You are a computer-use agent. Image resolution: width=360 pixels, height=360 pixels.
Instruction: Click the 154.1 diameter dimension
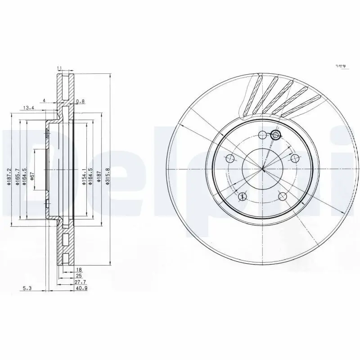pyautogui.click(x=84, y=177)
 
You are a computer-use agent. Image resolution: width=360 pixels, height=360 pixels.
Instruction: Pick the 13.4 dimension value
pyautogui.click(x=28, y=108)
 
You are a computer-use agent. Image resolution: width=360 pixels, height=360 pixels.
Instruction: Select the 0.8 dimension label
pyautogui.click(x=80, y=102)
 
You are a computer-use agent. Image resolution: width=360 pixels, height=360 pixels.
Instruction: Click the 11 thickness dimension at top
pyautogui.click(x=59, y=68)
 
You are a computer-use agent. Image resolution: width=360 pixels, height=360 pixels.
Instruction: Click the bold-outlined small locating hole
pyautogui.click(x=275, y=135)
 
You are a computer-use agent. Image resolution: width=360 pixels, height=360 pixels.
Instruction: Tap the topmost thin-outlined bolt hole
pyautogui.click(x=263, y=134)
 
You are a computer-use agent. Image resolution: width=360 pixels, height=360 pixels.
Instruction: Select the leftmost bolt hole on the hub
pyautogui.click(x=229, y=158)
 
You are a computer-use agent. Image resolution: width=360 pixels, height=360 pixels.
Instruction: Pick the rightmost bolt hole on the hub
pyautogui.click(x=296, y=158)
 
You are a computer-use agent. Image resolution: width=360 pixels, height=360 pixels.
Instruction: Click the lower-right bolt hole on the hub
pyautogui.click(x=283, y=196)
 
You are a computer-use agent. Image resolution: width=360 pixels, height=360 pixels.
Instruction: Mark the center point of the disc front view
pyautogui.click(x=263, y=169)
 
